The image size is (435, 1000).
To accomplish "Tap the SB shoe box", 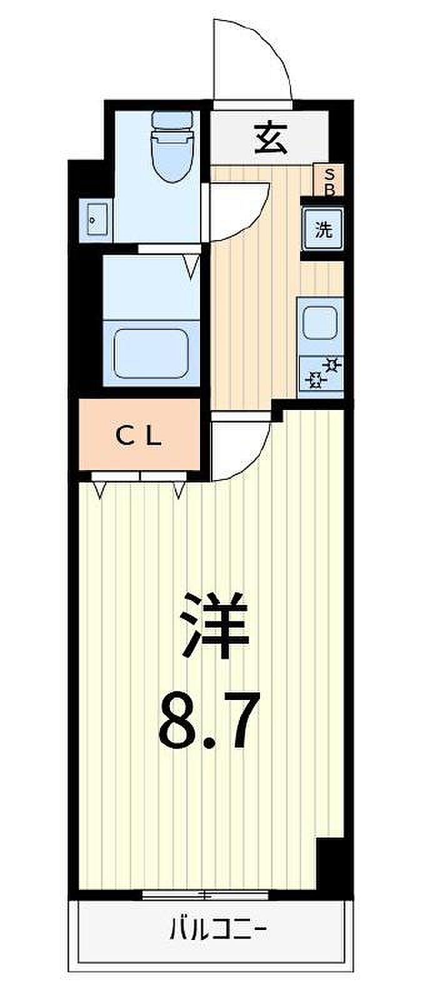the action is pyautogui.click(x=329, y=181).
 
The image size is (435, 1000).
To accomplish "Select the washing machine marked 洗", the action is pyautogui.click(x=324, y=229).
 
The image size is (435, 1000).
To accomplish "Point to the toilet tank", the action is pyautogui.click(x=172, y=119).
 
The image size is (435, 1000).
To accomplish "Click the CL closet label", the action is pyautogui.click(x=139, y=436).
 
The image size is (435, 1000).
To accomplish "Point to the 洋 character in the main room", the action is pyautogui.click(x=214, y=625).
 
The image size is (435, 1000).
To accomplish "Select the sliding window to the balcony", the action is pyautogui.click(x=205, y=894).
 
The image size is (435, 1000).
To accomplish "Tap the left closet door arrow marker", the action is pyautogui.click(x=101, y=491).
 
